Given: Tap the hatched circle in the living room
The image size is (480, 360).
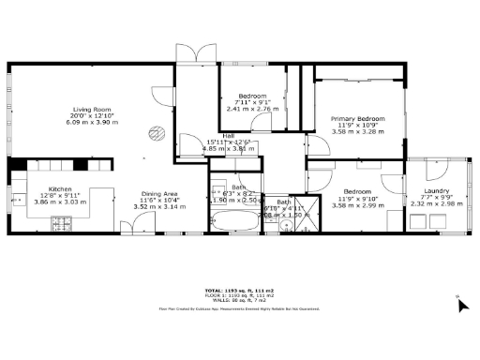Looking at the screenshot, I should (158, 132).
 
